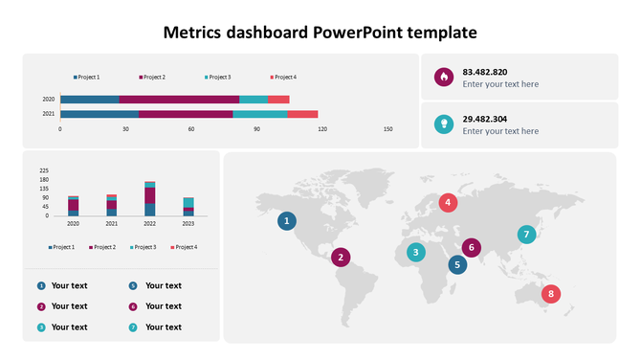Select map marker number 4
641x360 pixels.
point(447,202)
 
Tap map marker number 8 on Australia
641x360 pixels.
point(550,294)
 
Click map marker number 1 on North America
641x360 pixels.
point(286,221)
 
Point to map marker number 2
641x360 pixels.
point(341,257)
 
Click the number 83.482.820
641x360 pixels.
point(484,72)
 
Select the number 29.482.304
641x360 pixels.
point(484,119)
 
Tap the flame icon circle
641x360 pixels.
point(443,78)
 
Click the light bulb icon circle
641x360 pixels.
point(443,124)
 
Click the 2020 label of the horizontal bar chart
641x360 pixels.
point(48,100)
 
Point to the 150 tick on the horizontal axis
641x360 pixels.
point(387,128)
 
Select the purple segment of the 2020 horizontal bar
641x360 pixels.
point(179,100)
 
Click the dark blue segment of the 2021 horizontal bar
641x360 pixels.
point(99,114)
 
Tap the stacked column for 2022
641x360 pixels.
point(149,199)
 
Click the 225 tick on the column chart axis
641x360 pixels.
point(44,170)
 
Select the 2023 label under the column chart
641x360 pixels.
point(188,224)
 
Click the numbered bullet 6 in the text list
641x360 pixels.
point(133,306)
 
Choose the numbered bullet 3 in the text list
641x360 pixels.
point(41,327)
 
